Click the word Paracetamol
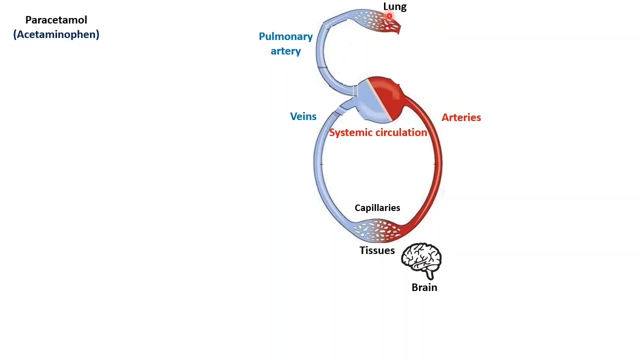tap(56, 20)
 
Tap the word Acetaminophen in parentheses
tap(56, 34)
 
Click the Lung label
tap(395, 6)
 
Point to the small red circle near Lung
tap(389, 16)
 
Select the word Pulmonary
tap(285, 36)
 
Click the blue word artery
tap(285, 51)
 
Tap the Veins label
tap(303, 116)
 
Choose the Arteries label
tap(461, 117)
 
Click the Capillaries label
tap(377, 208)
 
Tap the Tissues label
tap(377, 250)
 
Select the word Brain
tap(424, 287)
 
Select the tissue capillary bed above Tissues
tap(376, 229)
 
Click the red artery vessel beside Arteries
tap(437, 160)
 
